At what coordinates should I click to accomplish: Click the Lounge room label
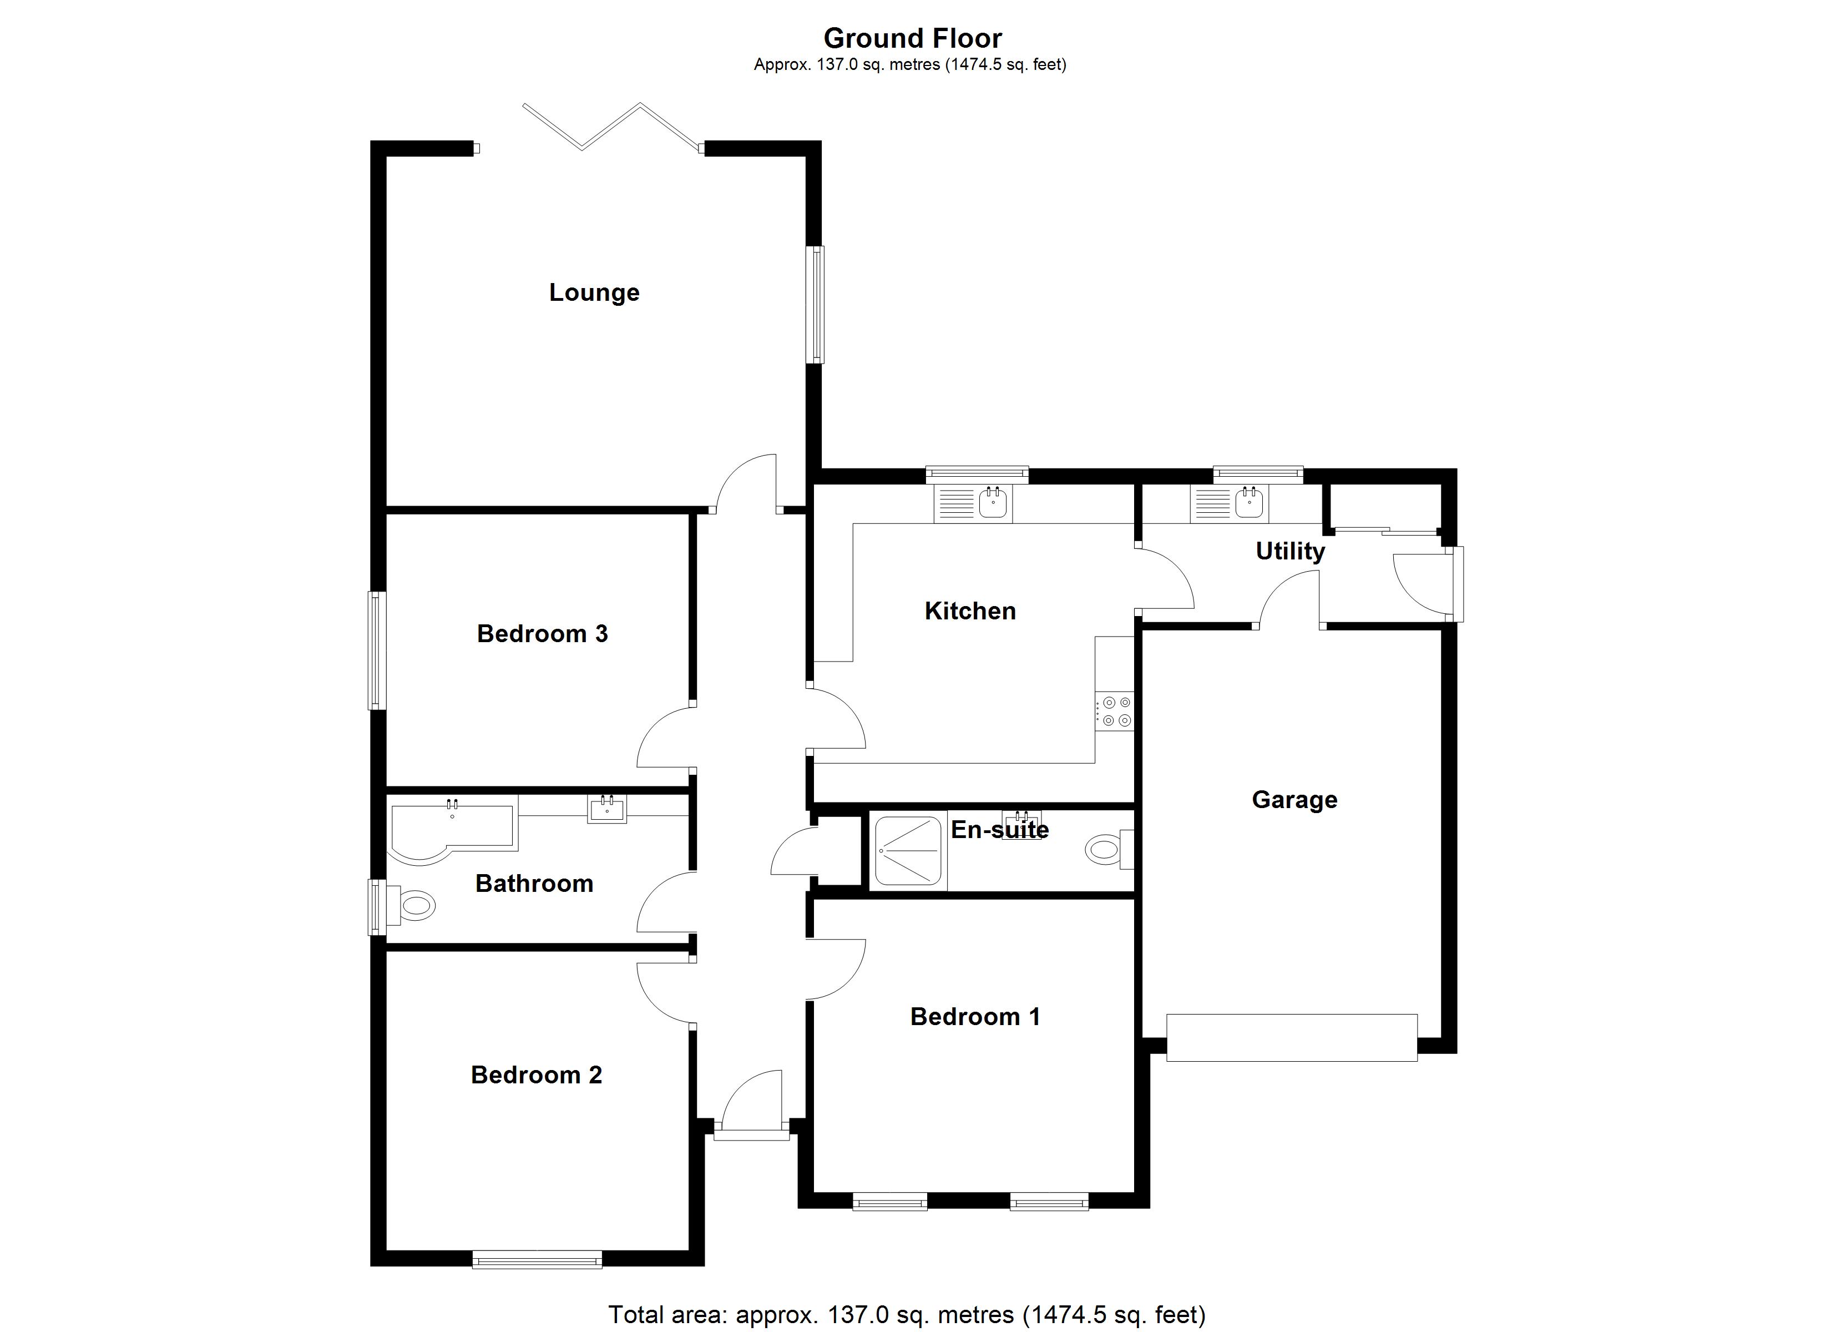pyautogui.click(x=594, y=292)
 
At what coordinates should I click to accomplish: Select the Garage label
pyautogui.click(x=1294, y=800)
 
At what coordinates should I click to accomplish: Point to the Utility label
pyautogui.click(x=1289, y=551)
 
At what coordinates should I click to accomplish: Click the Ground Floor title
pyautogui.click(x=912, y=38)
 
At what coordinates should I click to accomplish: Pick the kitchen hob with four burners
pyautogui.click(x=1115, y=712)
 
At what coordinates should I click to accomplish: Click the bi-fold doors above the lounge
pyautogui.click(x=611, y=127)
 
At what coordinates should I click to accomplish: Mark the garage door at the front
pyautogui.click(x=1291, y=1037)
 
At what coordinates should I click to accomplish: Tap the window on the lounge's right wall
pyautogui.click(x=818, y=305)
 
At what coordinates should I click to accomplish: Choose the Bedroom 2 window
pyautogui.click(x=537, y=1259)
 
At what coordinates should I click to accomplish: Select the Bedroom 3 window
pyautogui.click(x=377, y=650)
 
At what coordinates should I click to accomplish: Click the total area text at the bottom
pyautogui.click(x=906, y=1314)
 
